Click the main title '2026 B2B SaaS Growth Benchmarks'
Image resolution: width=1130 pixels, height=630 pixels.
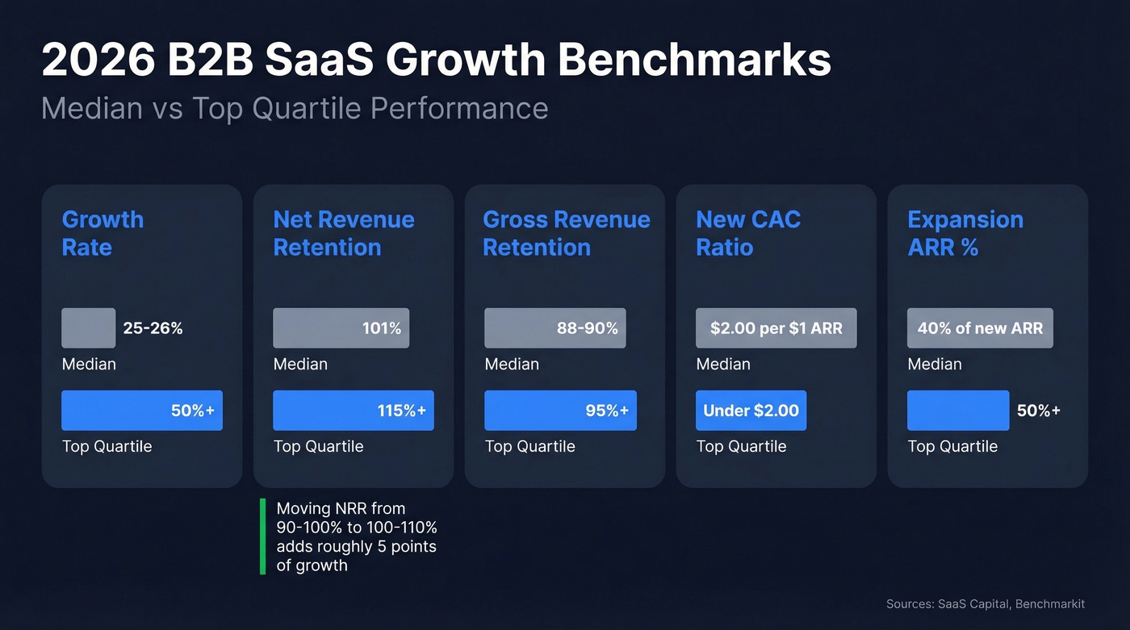click(436, 60)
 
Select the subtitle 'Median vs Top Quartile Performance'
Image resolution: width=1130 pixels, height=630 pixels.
click(295, 108)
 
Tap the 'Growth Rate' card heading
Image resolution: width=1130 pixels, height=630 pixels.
click(103, 233)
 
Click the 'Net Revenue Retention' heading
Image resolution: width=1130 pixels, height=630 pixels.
click(344, 233)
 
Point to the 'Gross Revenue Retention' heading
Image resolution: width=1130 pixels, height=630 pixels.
click(566, 233)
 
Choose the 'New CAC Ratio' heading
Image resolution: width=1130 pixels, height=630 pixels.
click(748, 233)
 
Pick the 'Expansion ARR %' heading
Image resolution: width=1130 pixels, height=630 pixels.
click(965, 233)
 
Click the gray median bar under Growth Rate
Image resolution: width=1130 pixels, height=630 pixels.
click(89, 328)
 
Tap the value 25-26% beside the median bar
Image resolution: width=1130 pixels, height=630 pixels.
click(153, 328)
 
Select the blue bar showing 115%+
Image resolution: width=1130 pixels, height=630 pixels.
click(354, 411)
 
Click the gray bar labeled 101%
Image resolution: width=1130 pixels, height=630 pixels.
click(341, 328)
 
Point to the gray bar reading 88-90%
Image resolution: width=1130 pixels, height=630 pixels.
click(555, 328)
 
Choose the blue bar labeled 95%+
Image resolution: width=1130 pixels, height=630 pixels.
click(560, 411)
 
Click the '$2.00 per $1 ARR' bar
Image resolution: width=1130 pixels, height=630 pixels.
click(776, 328)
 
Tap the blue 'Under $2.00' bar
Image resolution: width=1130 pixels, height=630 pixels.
click(751, 411)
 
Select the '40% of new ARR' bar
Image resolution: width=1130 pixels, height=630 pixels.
click(980, 328)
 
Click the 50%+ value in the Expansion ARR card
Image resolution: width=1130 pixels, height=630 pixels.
click(1038, 411)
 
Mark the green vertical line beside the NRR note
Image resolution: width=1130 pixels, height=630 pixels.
click(263, 536)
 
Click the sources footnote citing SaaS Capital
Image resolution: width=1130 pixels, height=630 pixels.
click(985, 604)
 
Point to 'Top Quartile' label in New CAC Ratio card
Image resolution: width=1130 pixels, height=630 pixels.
click(741, 446)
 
